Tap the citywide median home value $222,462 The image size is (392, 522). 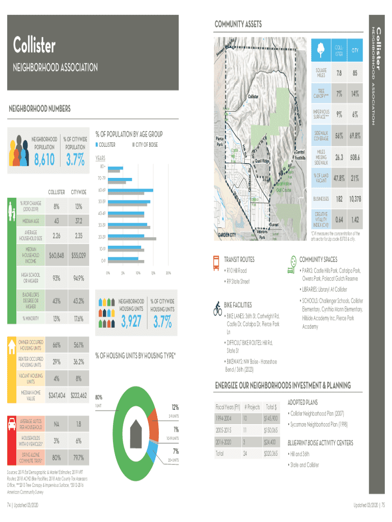coord(78,395)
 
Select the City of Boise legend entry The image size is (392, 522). coord(145,145)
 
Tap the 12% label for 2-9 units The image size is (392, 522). coord(175,407)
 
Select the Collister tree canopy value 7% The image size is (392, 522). coord(338,94)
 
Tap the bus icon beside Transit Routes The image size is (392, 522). coord(215,261)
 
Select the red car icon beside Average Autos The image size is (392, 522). coord(11,424)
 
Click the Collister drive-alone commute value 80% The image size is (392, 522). coord(57,457)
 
